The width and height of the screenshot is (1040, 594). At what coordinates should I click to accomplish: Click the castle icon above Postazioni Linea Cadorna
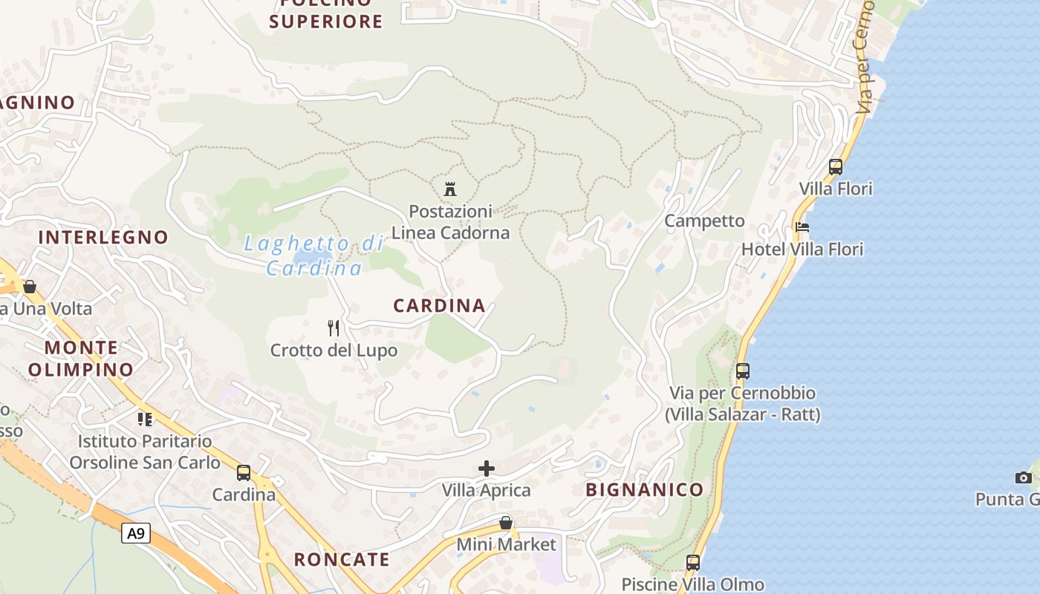449,189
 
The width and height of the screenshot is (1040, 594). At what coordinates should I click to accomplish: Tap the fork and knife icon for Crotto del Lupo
334,327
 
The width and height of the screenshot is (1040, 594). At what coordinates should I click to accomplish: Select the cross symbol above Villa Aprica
487,469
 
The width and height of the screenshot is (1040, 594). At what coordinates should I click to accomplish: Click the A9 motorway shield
136,532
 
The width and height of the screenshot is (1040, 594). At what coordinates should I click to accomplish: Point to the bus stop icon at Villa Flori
836,167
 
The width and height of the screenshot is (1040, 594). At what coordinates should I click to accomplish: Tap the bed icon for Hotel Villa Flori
802,227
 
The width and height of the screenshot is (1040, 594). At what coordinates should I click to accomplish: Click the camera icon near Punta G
1024,477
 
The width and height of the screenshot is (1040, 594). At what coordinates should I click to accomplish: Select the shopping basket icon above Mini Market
506,523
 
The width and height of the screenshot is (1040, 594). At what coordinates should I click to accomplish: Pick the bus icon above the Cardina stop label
244,472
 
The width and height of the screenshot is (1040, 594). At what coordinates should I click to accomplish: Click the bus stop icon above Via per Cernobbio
743,371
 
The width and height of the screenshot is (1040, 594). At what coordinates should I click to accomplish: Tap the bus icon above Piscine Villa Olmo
693,563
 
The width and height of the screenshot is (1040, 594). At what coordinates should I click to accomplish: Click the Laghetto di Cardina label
313,255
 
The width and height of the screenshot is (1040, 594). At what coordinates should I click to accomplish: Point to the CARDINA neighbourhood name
439,305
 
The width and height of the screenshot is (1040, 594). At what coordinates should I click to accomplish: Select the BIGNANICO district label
644,489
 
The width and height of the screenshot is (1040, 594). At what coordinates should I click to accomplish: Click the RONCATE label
342,559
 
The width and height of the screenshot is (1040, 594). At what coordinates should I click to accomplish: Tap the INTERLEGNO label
103,237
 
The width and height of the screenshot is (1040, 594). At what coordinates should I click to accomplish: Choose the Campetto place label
704,221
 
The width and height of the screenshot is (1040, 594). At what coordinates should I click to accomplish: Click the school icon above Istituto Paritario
145,420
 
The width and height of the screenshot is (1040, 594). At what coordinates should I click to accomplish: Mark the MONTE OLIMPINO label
82,358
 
